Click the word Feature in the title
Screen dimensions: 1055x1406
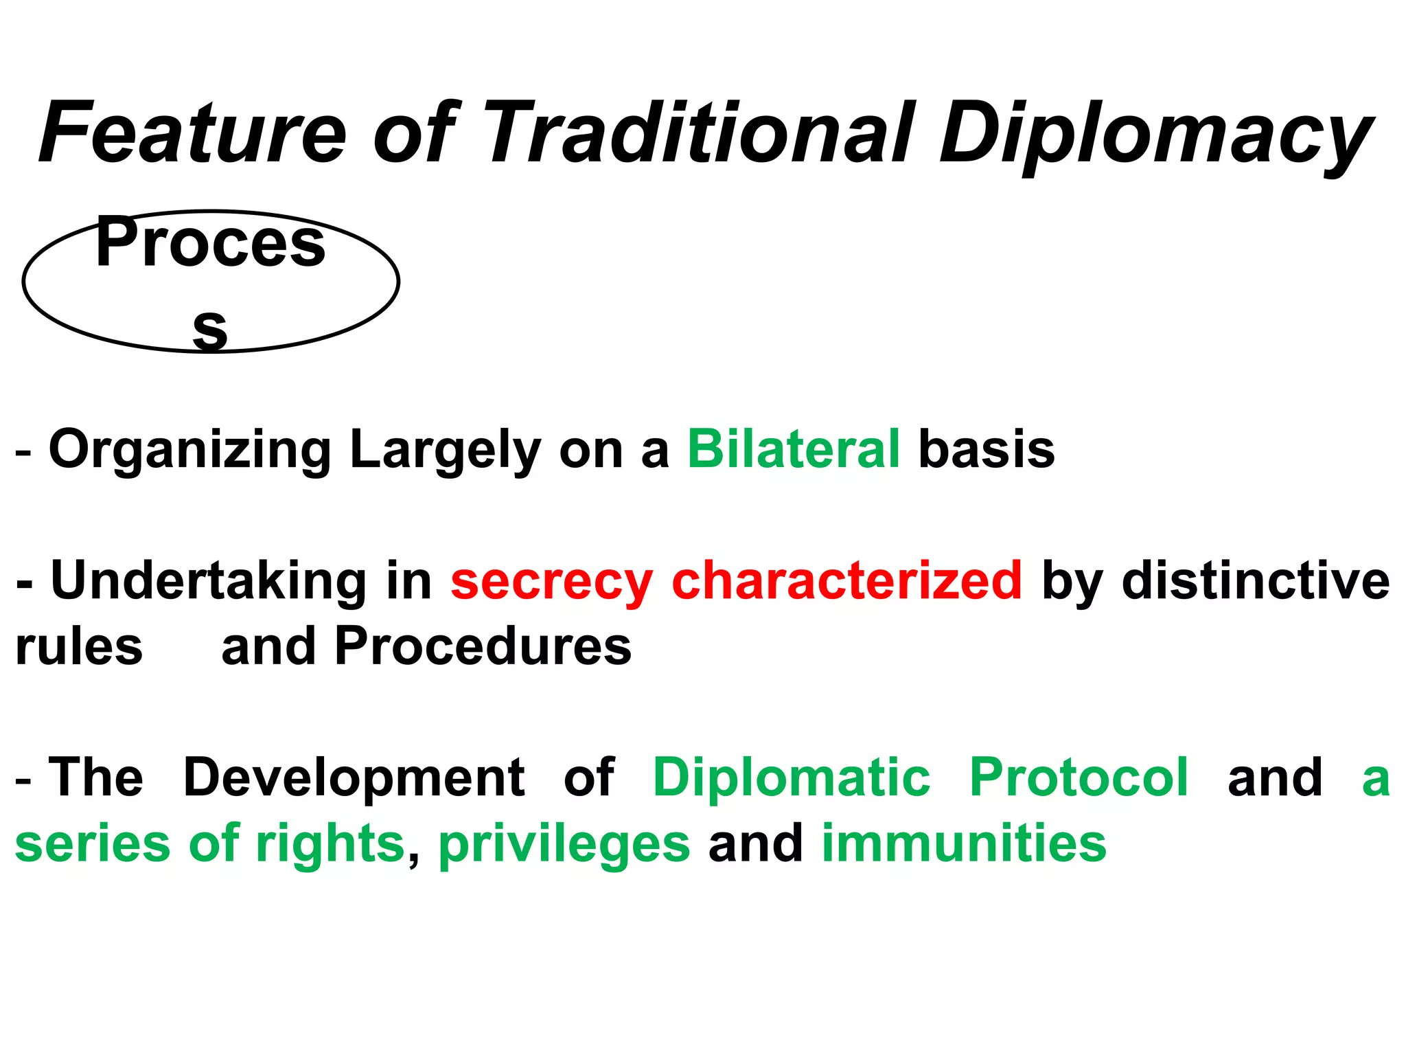193,133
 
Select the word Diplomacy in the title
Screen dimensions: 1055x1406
1156,135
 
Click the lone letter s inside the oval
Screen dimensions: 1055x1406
210,329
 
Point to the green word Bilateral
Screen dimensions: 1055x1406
793,449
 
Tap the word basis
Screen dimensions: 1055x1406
986,449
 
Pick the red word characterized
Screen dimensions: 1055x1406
846,580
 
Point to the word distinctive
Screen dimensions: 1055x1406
1256,580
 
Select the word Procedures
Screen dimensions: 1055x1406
483,646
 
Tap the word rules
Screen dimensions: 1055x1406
79,646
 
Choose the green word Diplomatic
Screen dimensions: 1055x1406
792,777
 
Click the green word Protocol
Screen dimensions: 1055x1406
1079,777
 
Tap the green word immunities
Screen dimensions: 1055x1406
964,843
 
